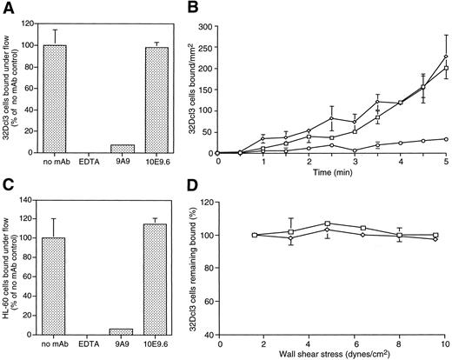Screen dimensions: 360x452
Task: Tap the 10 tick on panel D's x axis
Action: click(445, 342)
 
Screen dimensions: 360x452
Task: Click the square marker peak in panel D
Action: click(327, 223)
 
